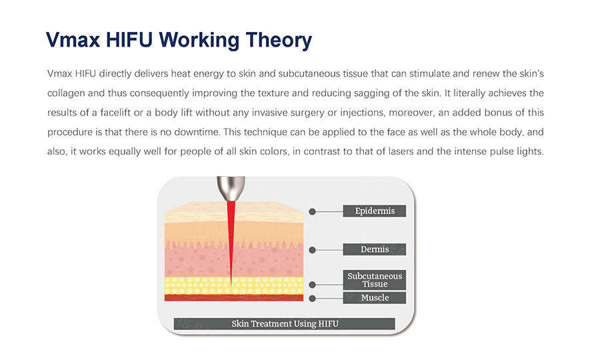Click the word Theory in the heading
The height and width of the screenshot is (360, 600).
279,40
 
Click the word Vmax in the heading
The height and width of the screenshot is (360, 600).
73,39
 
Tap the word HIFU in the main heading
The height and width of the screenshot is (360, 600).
129,39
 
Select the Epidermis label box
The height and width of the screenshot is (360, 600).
374,211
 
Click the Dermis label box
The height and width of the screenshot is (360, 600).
374,249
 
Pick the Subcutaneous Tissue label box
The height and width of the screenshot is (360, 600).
374,279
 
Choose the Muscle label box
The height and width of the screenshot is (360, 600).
374,297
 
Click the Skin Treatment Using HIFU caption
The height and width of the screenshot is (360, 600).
284,323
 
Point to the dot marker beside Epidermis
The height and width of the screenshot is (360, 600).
312,211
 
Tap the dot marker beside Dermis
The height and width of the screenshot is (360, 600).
312,250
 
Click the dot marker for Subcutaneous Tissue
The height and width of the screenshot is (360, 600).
312,285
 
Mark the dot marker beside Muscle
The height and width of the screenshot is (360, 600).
312,299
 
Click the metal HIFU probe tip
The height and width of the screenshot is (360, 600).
231,188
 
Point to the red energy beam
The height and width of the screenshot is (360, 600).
231,241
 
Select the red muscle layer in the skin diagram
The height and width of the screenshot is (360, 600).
234,297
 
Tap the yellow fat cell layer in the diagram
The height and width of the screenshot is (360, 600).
234,285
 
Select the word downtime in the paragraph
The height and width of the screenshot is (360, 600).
197,132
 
